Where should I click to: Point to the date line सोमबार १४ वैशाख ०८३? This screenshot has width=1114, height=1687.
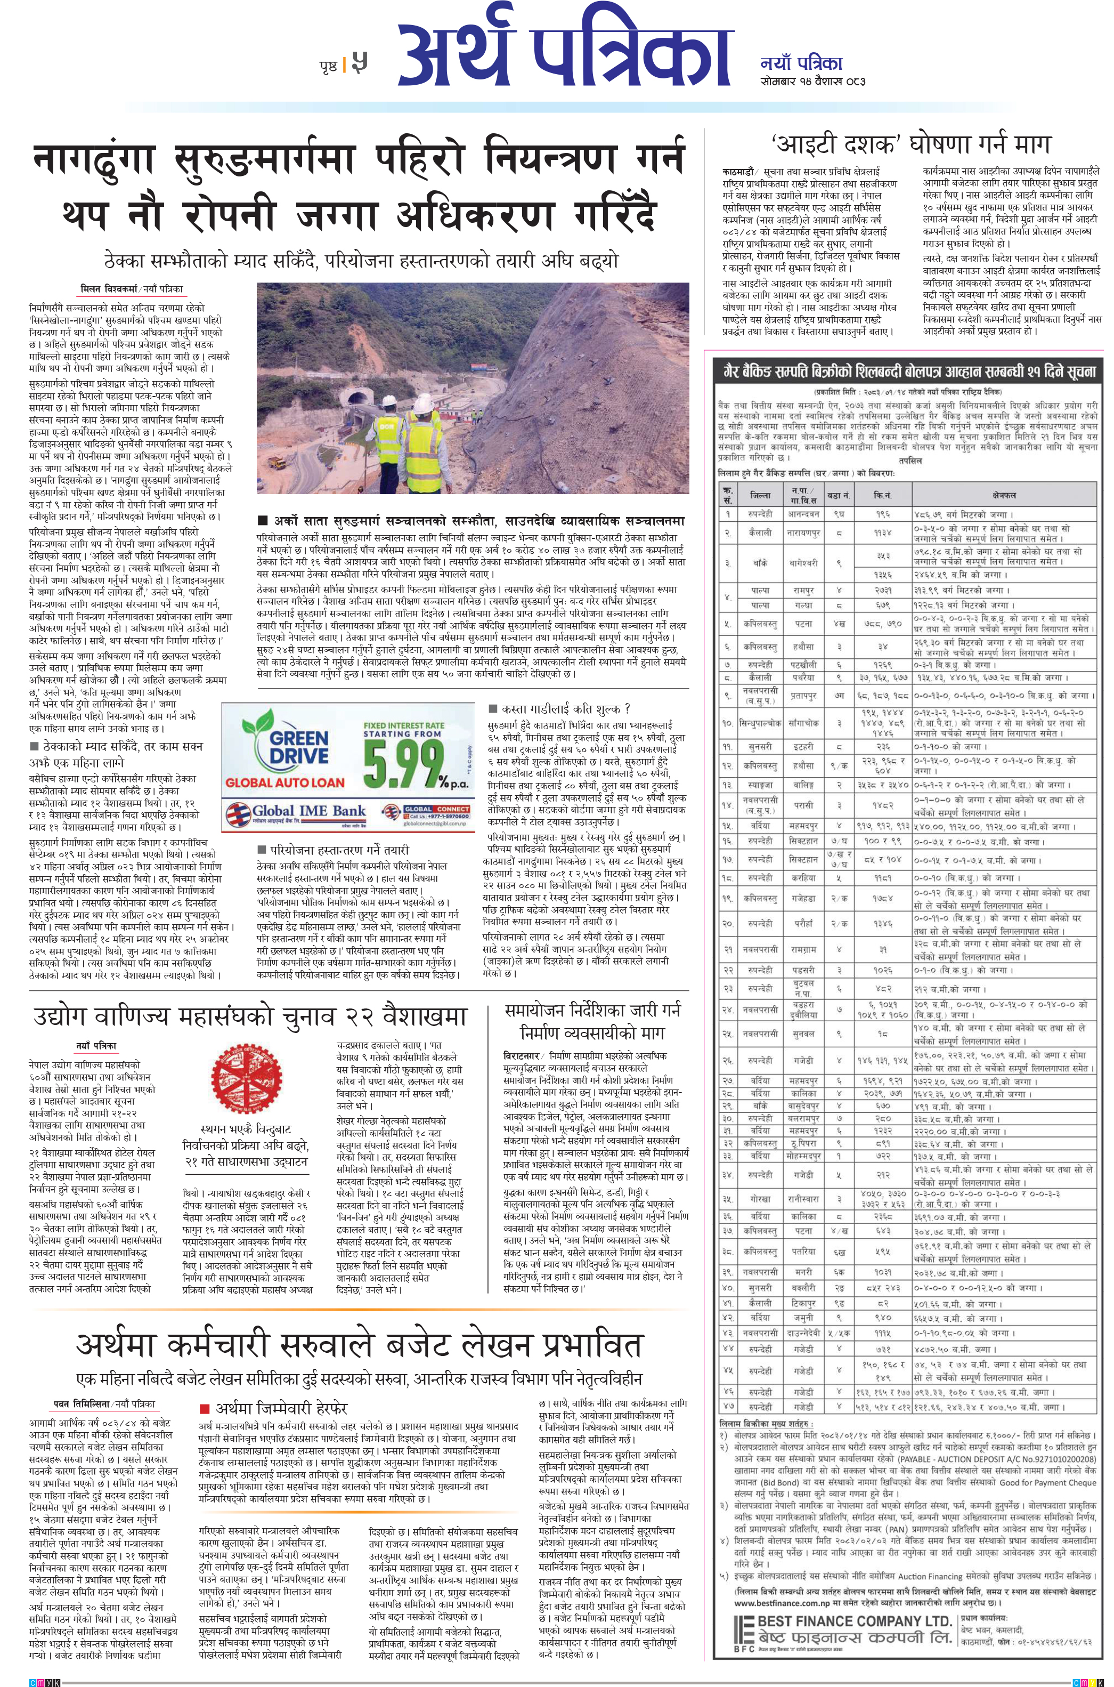point(812,80)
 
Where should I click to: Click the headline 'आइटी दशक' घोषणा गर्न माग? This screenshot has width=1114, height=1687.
point(909,146)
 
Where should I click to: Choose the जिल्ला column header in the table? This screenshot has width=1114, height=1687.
point(760,495)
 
